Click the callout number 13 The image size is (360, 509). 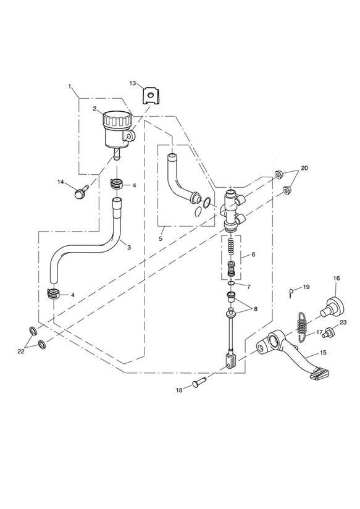click(x=133, y=83)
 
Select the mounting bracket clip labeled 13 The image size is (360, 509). click(x=151, y=95)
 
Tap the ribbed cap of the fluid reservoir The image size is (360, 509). click(x=117, y=119)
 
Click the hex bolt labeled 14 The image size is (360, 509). click(x=80, y=192)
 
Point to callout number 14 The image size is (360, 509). click(x=61, y=182)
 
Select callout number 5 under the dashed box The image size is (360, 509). click(x=160, y=238)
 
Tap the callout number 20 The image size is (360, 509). click(x=304, y=168)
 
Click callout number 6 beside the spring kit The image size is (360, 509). click(x=253, y=254)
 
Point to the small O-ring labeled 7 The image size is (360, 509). click(x=232, y=284)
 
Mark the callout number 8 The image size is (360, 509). click(x=256, y=309)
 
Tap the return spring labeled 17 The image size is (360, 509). click(x=302, y=327)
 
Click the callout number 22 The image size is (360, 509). click(x=21, y=351)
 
